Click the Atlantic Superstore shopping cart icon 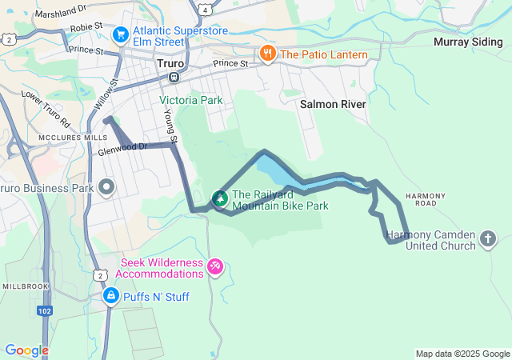121,34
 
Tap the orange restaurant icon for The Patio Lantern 267,54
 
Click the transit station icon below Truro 174,77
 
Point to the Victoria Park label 191,101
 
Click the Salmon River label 333,105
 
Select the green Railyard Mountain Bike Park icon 218,198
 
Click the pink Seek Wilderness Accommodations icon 215,266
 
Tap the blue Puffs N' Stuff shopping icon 111,297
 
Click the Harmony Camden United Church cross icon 488,238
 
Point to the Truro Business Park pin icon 107,187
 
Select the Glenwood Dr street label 122,149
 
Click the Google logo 26,350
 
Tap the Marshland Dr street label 61,10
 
